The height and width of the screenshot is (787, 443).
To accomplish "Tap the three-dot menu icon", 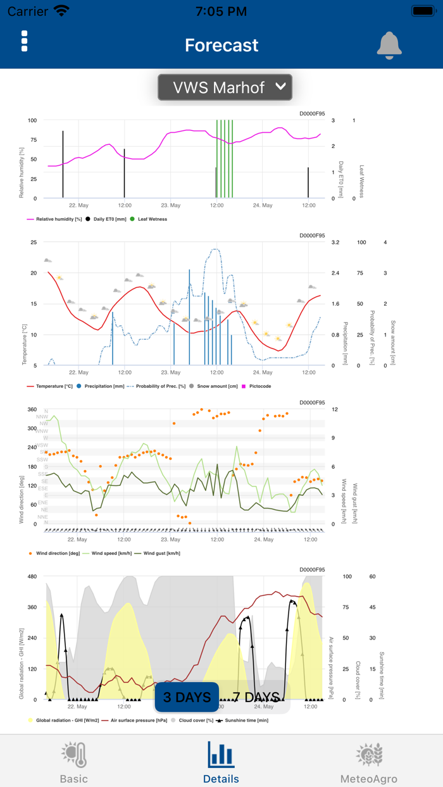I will click(x=24, y=41).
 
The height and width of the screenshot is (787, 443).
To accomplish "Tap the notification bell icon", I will click(x=389, y=45).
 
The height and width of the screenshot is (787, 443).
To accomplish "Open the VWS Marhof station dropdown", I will click(x=225, y=87).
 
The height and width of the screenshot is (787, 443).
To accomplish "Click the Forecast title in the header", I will click(x=221, y=45).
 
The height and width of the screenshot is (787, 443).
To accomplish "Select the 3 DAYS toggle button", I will click(x=187, y=697).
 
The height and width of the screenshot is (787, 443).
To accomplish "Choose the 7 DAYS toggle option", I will click(x=256, y=697).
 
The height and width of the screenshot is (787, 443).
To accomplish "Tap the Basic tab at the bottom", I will click(x=74, y=762).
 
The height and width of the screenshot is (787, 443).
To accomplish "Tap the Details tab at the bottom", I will click(x=221, y=762).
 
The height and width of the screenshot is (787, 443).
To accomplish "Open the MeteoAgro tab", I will click(x=369, y=762).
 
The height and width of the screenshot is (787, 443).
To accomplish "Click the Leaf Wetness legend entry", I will click(x=149, y=219).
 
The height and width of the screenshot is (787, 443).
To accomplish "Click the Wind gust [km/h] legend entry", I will click(x=161, y=553).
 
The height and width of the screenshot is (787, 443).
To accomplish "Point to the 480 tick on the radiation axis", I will click(x=32, y=576).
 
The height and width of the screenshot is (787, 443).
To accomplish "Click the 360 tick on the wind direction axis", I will click(x=32, y=409).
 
